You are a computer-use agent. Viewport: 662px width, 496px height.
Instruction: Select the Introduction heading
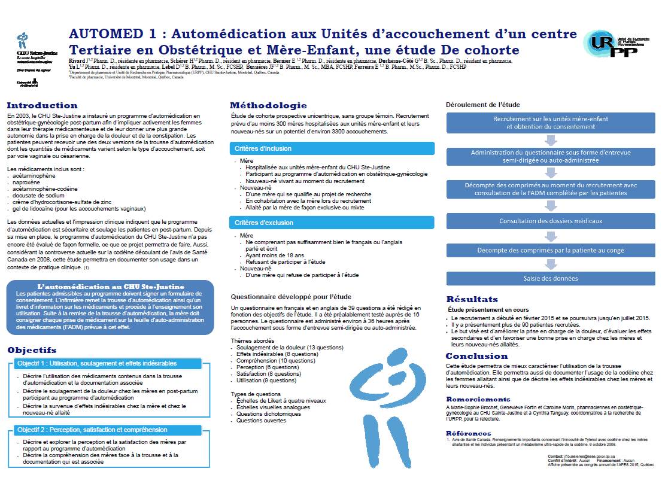[x=42, y=105]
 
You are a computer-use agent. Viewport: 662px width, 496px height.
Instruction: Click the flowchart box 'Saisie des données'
[x=551, y=278]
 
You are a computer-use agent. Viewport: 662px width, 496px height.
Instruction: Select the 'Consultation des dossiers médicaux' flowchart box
[x=551, y=221]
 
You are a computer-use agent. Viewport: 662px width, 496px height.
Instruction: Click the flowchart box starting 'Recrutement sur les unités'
[x=551, y=123]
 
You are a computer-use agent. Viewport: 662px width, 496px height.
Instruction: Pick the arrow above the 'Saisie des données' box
[x=551, y=264]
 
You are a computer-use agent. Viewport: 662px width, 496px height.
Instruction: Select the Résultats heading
[x=472, y=299]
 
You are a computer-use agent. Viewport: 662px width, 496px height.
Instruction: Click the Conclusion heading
[x=476, y=356]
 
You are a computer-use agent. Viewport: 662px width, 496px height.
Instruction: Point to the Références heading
[x=468, y=433]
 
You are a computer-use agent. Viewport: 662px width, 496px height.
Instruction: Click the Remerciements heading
[x=478, y=399]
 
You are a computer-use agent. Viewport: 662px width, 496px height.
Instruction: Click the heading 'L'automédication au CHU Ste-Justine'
[x=111, y=287]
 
